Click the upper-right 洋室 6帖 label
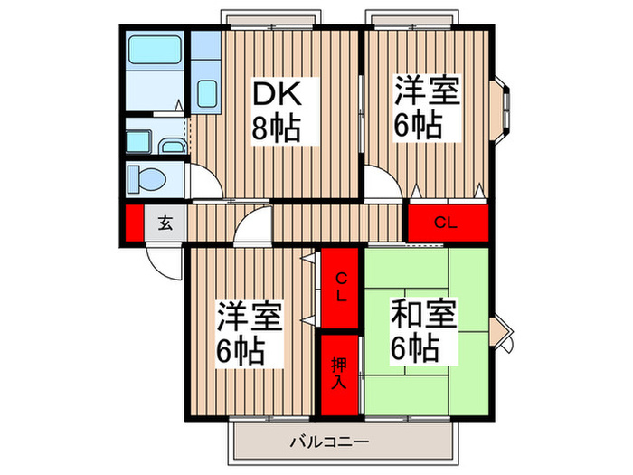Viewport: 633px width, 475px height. [x=427, y=108]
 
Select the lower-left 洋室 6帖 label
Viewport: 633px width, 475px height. [x=250, y=332]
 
